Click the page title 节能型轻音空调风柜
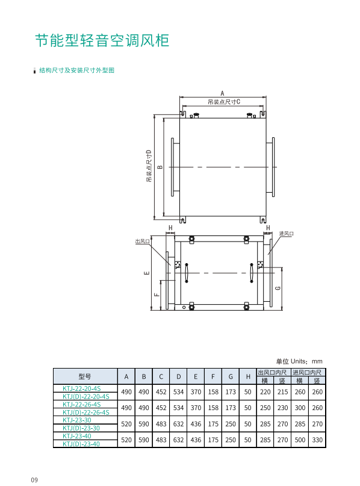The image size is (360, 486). click(x=102, y=40)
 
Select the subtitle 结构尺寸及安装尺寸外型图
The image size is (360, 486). click(x=76, y=70)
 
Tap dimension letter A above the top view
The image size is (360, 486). click(x=222, y=93)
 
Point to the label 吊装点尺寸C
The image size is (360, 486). click(x=224, y=102)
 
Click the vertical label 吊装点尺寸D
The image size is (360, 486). click(x=149, y=166)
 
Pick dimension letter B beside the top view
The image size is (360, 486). click(x=160, y=167)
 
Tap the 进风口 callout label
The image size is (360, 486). click(x=286, y=234)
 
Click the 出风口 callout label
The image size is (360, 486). click(x=143, y=241)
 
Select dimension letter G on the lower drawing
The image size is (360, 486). click(x=278, y=288)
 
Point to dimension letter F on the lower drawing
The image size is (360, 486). click(x=157, y=294)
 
